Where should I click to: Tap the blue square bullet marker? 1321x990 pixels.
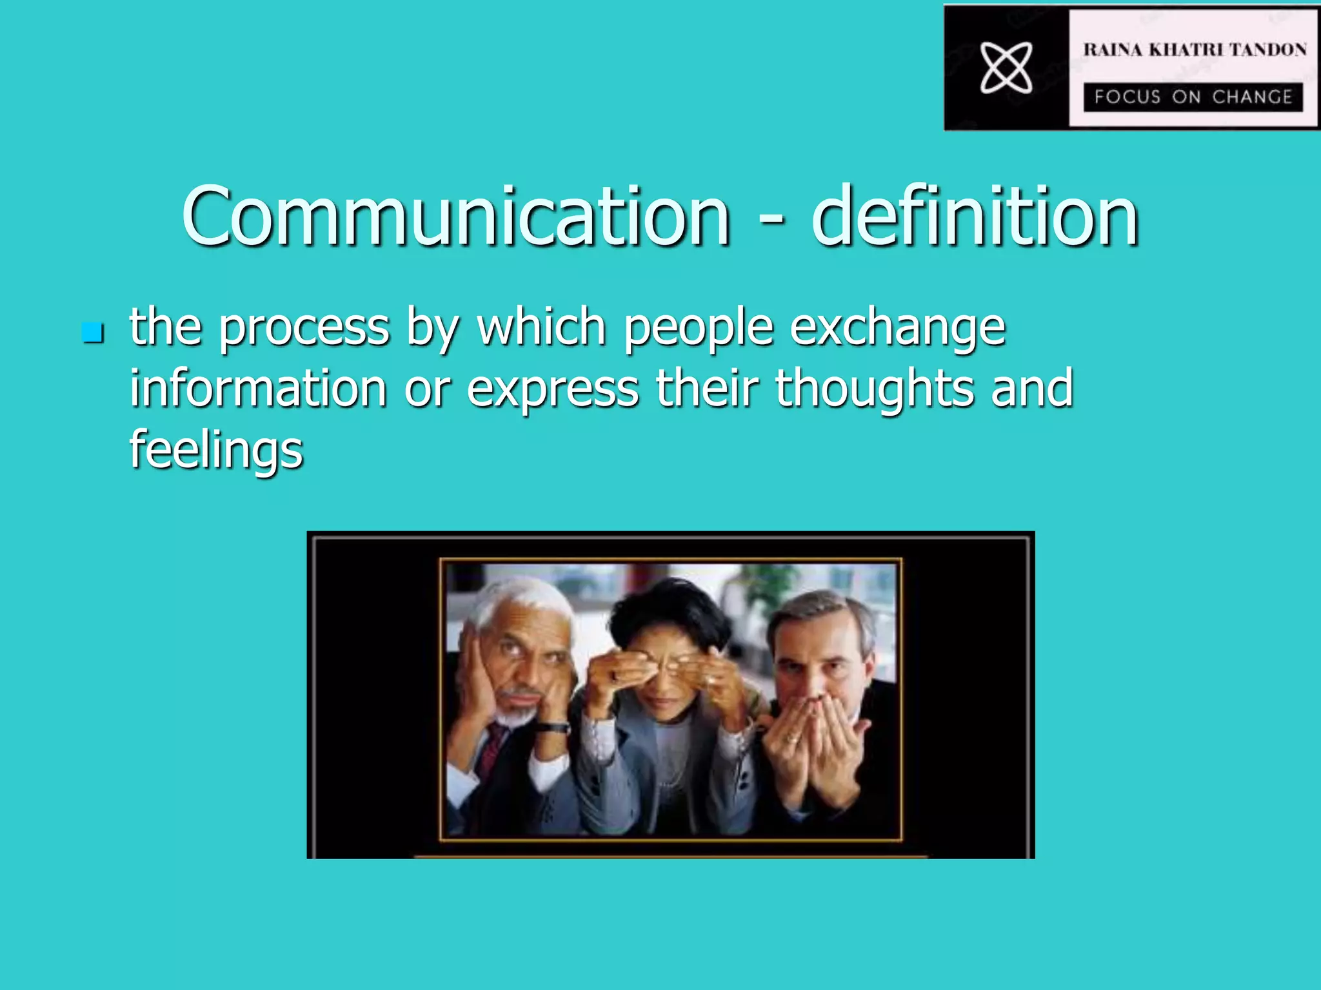pos(93,333)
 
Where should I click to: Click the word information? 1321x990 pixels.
pos(258,388)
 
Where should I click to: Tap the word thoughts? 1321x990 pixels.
pos(875,389)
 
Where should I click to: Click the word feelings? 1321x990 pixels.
pos(216,450)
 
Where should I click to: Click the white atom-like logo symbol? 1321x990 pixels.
pos(1006,67)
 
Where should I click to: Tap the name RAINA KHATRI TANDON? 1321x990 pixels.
pos(1195,50)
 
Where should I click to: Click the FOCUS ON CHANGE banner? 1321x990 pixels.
pos(1193,97)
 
